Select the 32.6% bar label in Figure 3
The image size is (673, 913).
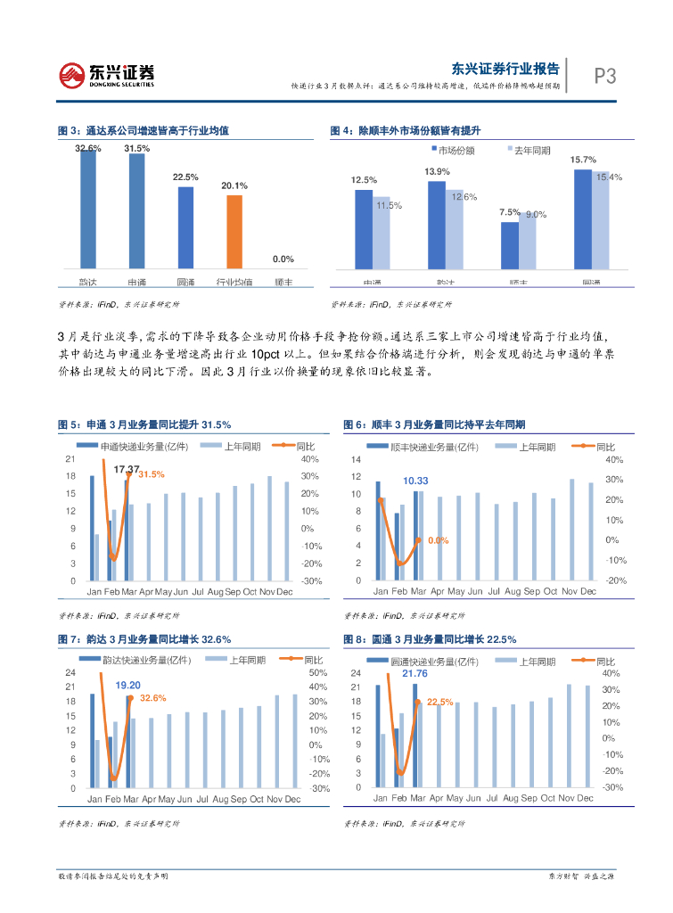click(88, 148)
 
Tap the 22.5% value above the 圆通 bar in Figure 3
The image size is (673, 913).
click(185, 177)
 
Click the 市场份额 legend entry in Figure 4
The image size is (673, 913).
click(455, 150)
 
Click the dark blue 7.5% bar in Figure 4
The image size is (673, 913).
click(509, 245)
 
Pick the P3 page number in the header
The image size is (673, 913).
click(605, 77)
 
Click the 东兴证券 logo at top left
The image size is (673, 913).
click(107, 75)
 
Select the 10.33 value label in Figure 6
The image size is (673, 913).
click(416, 481)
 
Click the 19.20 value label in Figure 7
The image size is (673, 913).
click(128, 684)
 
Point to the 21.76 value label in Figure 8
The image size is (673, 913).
click(414, 673)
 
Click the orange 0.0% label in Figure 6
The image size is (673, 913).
click(438, 540)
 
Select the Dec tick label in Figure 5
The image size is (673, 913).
click(284, 592)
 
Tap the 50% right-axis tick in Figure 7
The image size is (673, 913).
click(316, 672)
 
